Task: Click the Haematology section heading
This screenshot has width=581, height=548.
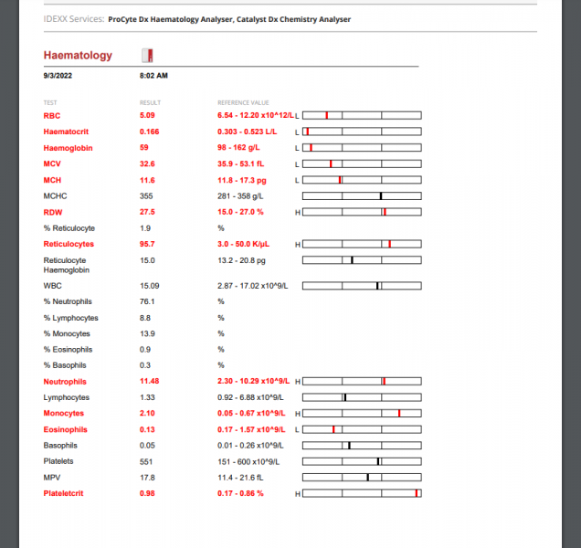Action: point(78,56)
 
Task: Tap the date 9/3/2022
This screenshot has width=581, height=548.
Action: point(58,75)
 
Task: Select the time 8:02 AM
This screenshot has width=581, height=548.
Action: point(153,75)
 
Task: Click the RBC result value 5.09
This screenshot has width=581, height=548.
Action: point(147,116)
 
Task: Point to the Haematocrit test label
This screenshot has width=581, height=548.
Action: point(67,132)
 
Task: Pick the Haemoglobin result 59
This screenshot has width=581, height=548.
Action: point(144,148)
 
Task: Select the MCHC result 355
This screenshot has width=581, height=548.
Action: point(146,196)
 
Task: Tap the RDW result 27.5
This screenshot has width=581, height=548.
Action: point(147,212)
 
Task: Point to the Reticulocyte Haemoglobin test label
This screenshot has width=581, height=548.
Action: point(69,265)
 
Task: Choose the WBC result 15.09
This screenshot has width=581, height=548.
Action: point(149,286)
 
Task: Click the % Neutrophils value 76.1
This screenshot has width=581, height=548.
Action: point(147,301)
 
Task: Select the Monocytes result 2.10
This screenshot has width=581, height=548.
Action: point(147,414)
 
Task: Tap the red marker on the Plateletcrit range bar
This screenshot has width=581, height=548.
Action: point(416,493)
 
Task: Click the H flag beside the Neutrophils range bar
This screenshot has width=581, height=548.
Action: point(297,381)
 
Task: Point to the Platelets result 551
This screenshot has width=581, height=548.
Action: point(146,461)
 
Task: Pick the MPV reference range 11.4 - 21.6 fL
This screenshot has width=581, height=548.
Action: point(240,478)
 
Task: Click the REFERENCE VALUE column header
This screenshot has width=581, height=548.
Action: point(242,102)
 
